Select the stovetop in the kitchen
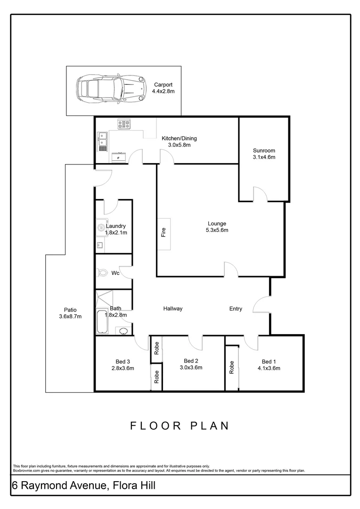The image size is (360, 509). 124,124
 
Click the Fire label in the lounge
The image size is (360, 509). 164,233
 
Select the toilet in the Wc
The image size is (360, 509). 102,272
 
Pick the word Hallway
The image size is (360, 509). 173,309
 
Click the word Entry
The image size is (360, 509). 236,309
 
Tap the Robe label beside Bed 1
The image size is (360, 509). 231,367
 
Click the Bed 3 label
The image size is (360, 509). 123,361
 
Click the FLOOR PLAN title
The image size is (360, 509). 180,426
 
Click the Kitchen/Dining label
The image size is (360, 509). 179,139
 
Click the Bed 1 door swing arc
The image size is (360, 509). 252,343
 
